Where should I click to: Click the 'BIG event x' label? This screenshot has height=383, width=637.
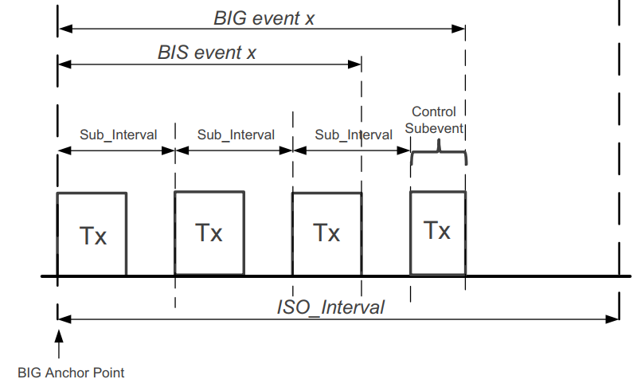(x=264, y=18)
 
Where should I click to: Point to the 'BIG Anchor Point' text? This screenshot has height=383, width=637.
(x=71, y=372)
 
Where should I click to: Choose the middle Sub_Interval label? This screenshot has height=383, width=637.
(x=236, y=135)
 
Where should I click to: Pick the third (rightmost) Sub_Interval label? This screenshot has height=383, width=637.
(x=354, y=135)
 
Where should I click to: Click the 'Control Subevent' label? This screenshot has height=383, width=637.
(x=437, y=120)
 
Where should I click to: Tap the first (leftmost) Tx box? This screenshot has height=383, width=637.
(x=92, y=235)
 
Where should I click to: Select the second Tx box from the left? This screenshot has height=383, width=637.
(x=209, y=233)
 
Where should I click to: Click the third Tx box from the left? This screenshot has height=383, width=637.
(x=326, y=234)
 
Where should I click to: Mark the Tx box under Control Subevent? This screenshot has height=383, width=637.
(x=437, y=232)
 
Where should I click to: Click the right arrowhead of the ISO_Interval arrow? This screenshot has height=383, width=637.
(x=613, y=319)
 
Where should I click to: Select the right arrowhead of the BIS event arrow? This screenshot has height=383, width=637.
(x=356, y=63)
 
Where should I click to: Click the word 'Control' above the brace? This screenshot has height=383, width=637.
(x=434, y=112)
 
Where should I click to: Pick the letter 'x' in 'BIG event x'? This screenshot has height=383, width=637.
(x=309, y=18)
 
